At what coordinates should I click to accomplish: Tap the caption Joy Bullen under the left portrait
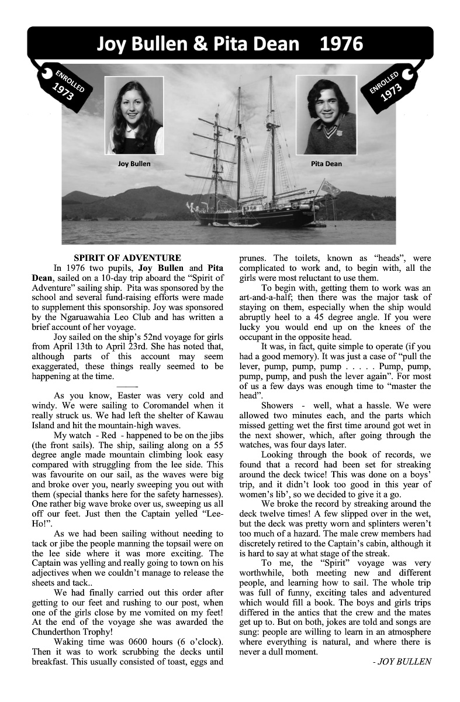134,164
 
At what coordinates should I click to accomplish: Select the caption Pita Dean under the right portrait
326,164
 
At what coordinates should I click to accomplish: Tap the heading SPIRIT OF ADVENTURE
127,258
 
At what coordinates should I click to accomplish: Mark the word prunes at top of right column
253,258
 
